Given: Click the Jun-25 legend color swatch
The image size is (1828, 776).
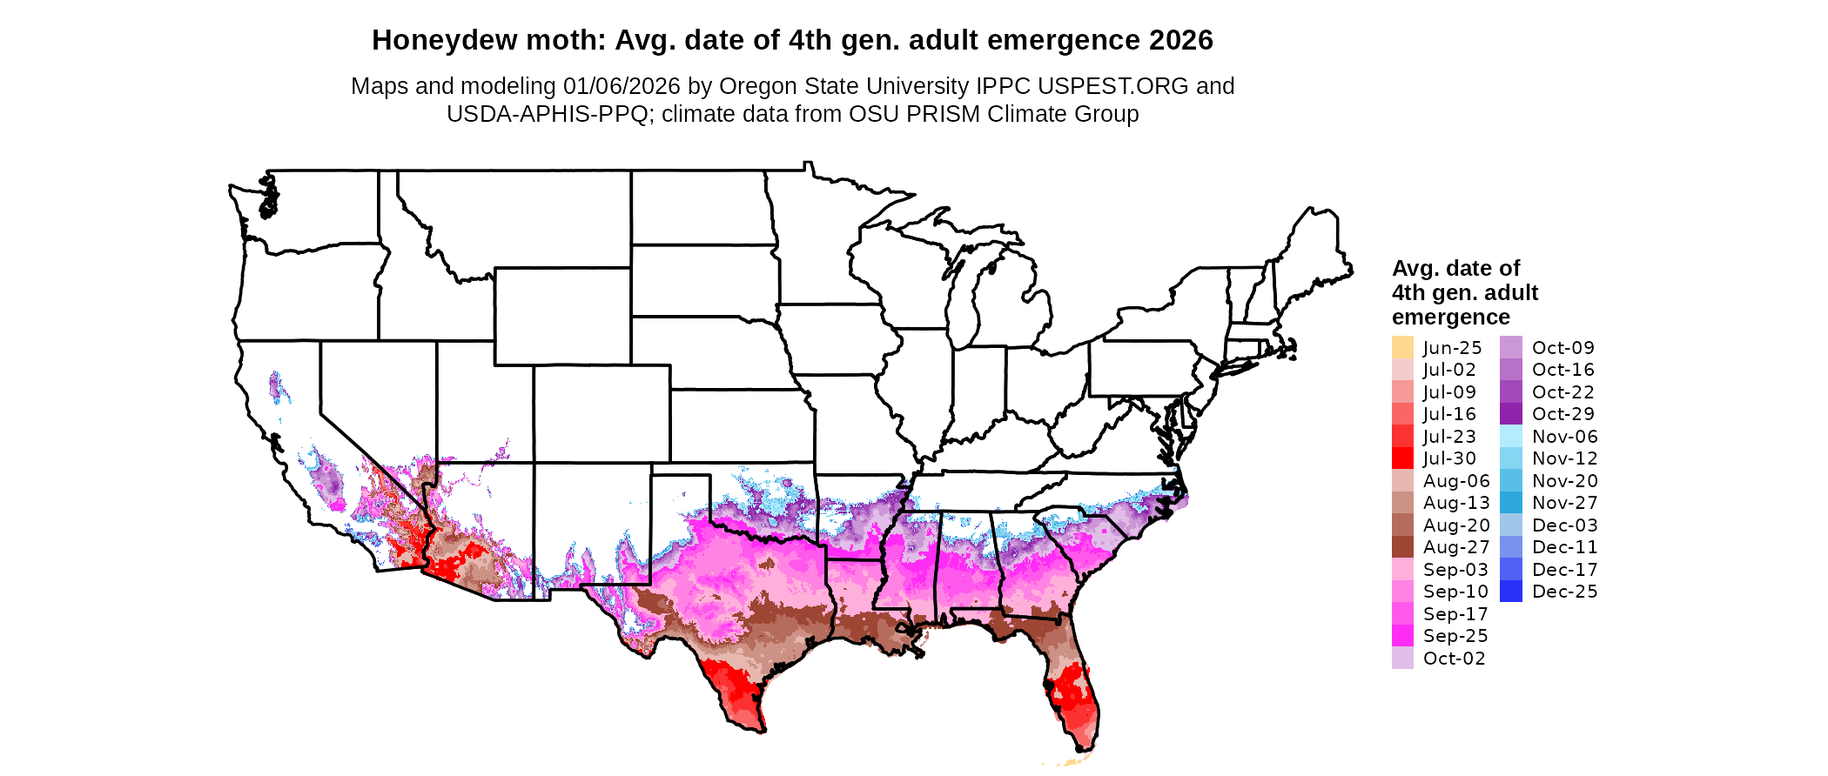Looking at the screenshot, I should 1402,347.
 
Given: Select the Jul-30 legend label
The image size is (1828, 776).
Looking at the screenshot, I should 1449,458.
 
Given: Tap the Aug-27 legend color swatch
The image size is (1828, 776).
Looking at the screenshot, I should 1402,547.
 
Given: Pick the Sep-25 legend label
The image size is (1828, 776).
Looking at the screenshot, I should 1455,636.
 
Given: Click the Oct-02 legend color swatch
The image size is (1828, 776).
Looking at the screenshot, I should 1402,659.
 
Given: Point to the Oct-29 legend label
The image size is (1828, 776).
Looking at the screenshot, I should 1563,414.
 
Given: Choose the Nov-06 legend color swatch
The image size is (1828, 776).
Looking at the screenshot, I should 1511,436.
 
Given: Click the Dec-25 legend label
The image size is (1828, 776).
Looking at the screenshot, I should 1565,592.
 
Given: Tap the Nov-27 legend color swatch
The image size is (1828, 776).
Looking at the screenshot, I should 1511,503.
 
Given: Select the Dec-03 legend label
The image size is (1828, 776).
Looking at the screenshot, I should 1565,525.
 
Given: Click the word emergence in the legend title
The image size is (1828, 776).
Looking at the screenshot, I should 1451,317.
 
